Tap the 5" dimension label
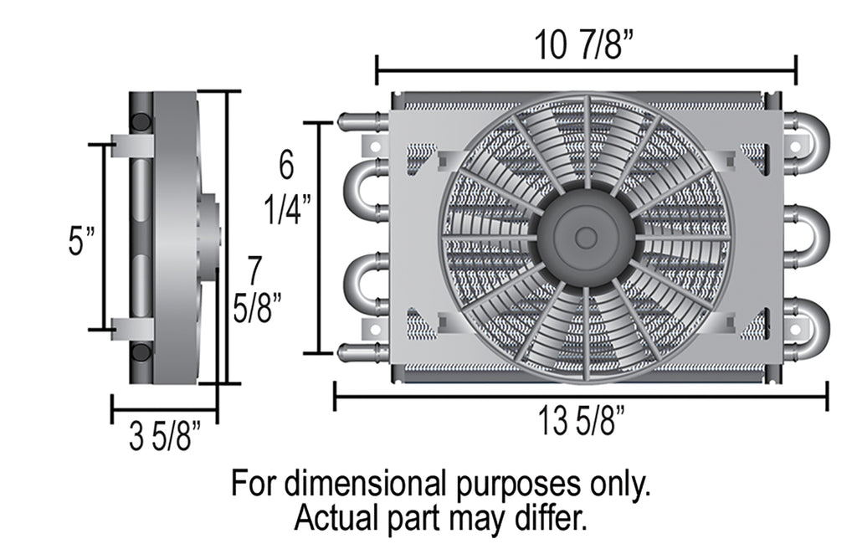point(82,242)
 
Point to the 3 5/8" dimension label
point(164,437)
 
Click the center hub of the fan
point(586,238)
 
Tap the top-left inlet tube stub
point(362,122)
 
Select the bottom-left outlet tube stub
point(362,352)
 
